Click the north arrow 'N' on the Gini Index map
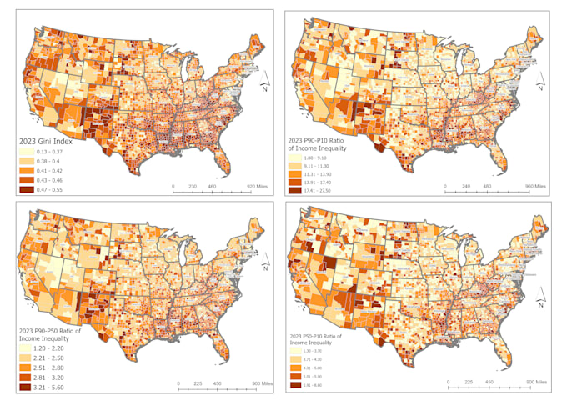pyautogui.click(x=263, y=82)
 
